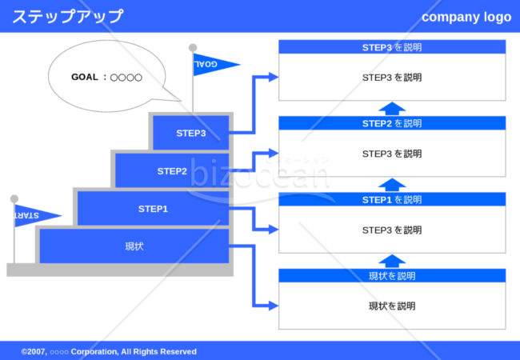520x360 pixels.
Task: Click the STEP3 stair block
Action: point(190,133)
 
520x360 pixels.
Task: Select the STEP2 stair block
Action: point(172,170)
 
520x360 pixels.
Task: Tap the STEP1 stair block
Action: point(153,209)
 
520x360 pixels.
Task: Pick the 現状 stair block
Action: point(134,246)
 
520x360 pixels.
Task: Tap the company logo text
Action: point(466,17)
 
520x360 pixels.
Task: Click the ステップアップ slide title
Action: point(68,16)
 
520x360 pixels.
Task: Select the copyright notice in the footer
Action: point(109,351)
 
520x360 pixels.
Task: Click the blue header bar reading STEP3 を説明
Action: point(392,47)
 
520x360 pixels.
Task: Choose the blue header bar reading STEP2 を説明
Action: point(392,123)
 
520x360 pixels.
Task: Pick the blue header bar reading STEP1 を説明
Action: point(392,199)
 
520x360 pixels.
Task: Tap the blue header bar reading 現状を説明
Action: point(392,275)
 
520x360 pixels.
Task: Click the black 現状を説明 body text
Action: point(392,306)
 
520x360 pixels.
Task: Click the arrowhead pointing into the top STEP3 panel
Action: point(274,77)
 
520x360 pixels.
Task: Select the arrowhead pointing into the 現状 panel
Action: point(274,306)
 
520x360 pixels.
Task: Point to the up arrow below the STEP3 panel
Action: point(392,109)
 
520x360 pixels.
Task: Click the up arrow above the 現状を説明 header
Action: point(392,262)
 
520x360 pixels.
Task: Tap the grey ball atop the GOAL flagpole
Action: point(193,48)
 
